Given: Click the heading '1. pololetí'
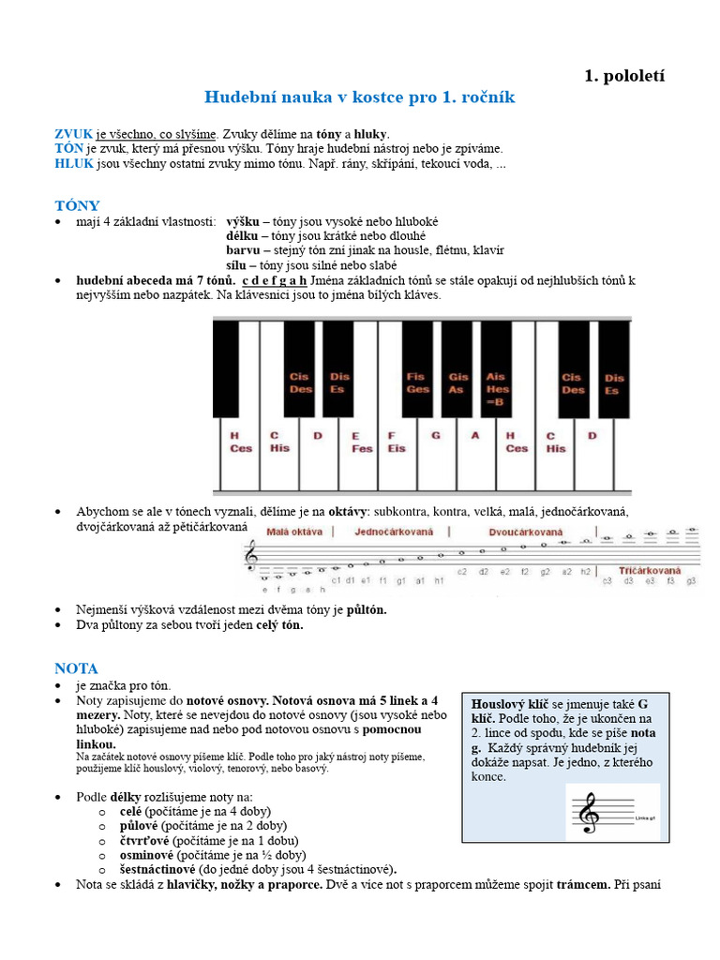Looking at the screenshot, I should tap(624, 76).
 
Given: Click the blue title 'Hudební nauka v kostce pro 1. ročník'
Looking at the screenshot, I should tap(360, 97).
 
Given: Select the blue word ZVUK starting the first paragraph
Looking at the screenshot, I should tap(73, 134).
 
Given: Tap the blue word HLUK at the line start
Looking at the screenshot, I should tap(73, 163).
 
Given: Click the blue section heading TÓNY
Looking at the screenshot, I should tap(77, 205).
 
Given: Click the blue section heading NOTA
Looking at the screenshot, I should tap(76, 668).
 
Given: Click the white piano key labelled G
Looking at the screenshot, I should tap(435, 455).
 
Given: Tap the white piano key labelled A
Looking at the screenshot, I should tap(475, 455).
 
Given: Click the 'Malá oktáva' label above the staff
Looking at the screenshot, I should tap(294, 532).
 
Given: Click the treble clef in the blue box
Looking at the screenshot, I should tap(589, 813).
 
